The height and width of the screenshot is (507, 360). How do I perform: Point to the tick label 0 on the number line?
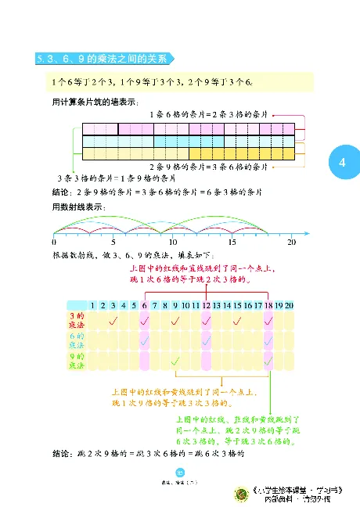[x=53, y=243]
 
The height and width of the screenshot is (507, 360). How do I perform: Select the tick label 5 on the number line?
[x=113, y=243]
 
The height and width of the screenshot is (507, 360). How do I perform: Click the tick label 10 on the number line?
[x=173, y=243]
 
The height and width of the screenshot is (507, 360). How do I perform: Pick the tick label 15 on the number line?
[x=232, y=243]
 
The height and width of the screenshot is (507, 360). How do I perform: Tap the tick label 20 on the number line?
[x=292, y=243]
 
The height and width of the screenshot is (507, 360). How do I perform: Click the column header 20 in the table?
[x=289, y=305]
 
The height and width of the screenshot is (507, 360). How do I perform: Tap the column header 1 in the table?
[x=92, y=305]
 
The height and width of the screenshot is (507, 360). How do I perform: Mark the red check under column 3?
[x=113, y=320]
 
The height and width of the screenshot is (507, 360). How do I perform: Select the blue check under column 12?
[x=206, y=341]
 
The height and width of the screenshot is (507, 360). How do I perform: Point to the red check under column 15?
[x=237, y=320]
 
